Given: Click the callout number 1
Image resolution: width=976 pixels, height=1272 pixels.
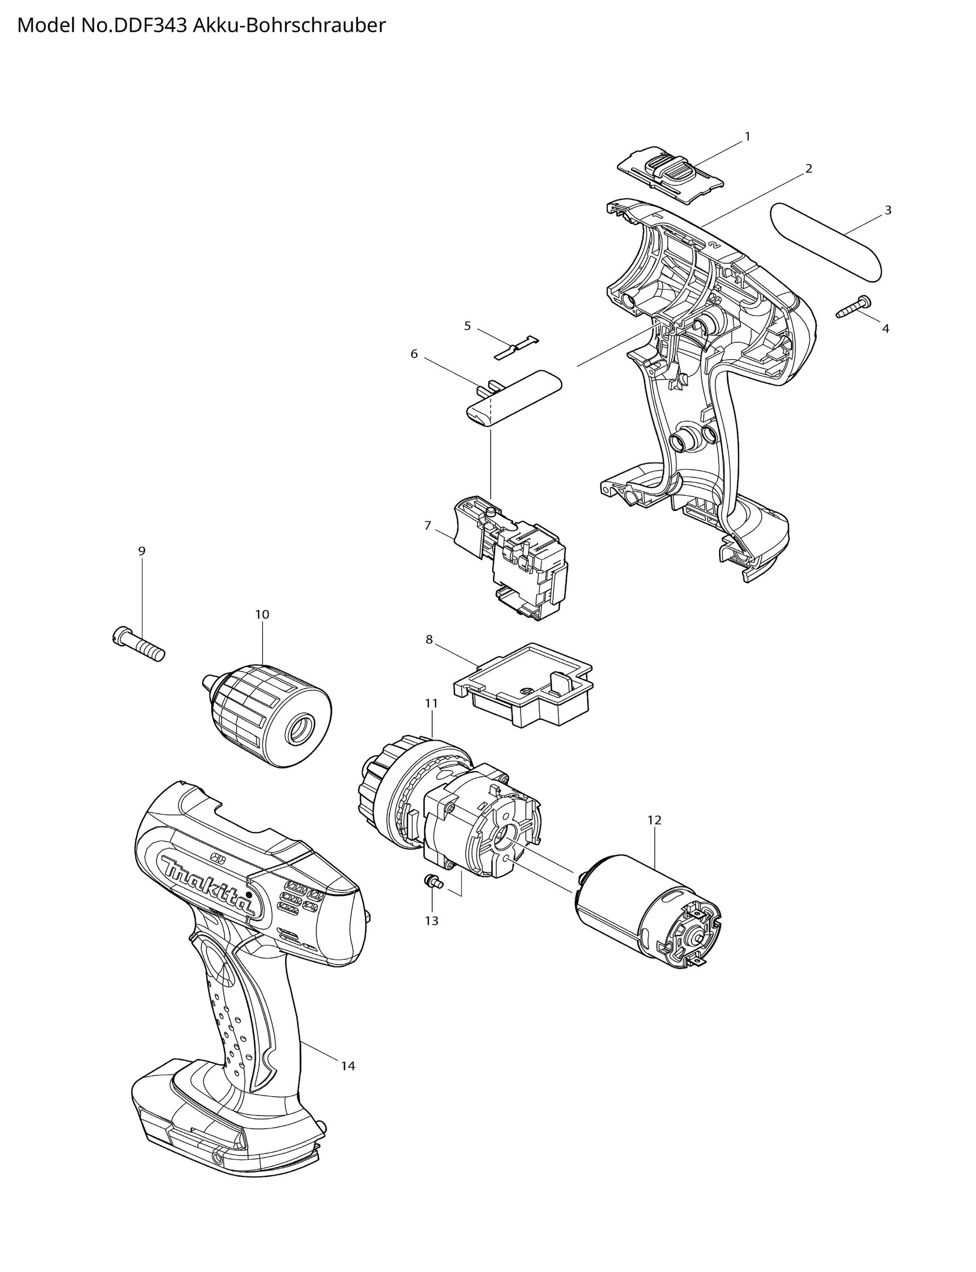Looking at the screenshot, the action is (x=747, y=136).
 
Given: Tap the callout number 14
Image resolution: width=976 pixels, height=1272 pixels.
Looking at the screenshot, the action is (x=348, y=1066).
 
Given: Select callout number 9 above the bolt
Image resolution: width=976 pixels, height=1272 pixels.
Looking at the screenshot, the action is (x=142, y=551).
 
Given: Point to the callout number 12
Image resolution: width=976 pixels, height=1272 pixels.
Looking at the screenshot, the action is (x=654, y=820).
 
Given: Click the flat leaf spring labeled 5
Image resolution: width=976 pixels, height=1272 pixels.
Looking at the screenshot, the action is (x=517, y=347).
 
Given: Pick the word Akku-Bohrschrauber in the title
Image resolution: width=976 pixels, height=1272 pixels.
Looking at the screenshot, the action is (x=289, y=26).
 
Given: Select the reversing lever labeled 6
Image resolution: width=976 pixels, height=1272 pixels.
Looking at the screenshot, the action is (x=515, y=398).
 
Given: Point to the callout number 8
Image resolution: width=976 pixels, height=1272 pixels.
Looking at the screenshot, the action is (x=429, y=639).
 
